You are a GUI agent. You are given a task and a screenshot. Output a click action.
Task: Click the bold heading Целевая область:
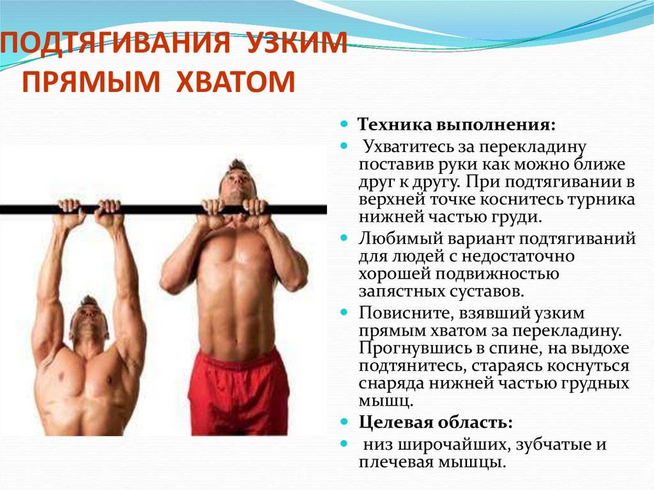pos(436,422)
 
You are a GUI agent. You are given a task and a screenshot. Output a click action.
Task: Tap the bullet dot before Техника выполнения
pos(344,122)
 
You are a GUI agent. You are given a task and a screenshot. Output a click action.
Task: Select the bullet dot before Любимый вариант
pos(344,238)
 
